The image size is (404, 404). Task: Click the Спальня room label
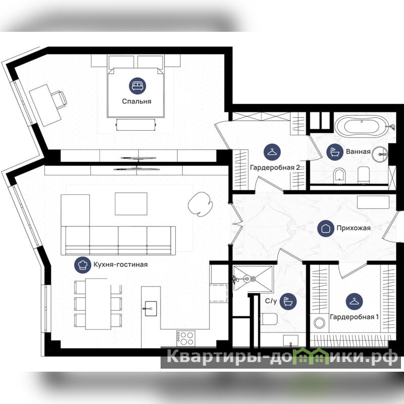(x=136, y=102)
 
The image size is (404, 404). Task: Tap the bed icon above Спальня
(x=137, y=86)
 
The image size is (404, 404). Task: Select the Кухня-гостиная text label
(x=120, y=265)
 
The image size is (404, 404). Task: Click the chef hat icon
(x=82, y=265)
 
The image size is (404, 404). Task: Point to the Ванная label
(x=358, y=151)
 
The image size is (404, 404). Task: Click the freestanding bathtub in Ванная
(x=361, y=126)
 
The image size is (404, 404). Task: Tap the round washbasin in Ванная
(x=380, y=155)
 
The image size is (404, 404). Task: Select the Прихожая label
(x=353, y=228)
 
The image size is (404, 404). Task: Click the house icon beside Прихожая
(x=326, y=228)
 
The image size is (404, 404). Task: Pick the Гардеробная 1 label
(x=355, y=317)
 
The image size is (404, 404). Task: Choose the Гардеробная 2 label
(x=275, y=168)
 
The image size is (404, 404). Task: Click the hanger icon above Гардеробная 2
(x=272, y=152)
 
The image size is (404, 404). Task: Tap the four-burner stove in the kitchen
(x=185, y=338)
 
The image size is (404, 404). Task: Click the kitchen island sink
(x=150, y=309)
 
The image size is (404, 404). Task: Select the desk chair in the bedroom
(x=59, y=99)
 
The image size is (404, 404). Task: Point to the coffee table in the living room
(x=131, y=204)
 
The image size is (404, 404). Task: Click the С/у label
(x=271, y=301)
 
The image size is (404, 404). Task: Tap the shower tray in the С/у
(x=253, y=279)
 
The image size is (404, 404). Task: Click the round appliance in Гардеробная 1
(x=320, y=323)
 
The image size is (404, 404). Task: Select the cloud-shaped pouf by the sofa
(x=200, y=204)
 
